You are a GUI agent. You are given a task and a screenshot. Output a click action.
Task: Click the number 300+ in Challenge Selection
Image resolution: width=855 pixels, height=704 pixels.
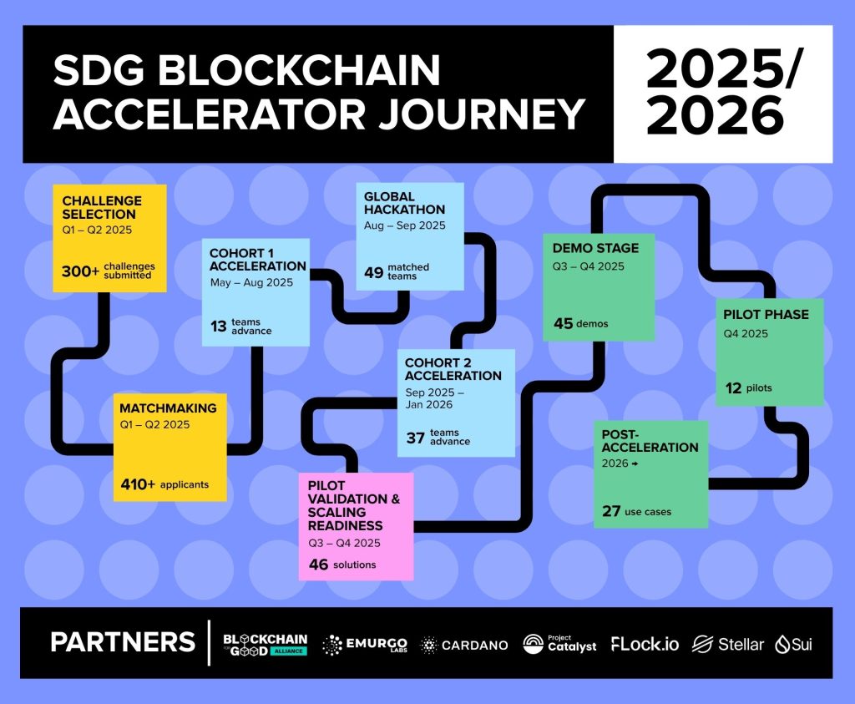[80, 271]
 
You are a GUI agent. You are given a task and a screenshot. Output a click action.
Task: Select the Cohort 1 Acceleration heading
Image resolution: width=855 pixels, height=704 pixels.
[257, 260]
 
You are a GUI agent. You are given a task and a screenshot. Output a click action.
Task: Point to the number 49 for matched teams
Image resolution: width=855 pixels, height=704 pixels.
[373, 272]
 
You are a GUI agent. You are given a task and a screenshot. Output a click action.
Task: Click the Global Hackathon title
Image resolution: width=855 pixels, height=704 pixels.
[404, 203]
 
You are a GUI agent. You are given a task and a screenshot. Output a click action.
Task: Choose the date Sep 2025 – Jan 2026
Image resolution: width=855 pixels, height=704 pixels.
[434, 398]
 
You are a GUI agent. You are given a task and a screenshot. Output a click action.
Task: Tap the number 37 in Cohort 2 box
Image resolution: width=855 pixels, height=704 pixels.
[415, 438]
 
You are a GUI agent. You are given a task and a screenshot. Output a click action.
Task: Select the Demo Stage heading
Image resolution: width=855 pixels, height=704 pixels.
[595, 248]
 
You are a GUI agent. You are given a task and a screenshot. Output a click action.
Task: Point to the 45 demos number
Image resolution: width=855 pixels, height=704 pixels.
[564, 323]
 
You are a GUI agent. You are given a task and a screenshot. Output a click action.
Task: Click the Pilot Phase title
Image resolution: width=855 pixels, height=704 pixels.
[766, 315]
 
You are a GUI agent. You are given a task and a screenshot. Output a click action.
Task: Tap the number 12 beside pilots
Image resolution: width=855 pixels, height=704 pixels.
[733, 388]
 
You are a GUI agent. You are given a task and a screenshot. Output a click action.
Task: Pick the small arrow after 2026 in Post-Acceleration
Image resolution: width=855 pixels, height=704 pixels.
[635, 463]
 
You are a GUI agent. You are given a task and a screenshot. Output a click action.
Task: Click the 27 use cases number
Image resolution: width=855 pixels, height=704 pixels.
[611, 511]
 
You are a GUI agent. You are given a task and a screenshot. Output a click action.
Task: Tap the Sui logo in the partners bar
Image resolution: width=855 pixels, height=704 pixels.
[793, 645]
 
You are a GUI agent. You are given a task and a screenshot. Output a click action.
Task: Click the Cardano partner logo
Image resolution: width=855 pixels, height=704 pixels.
[464, 645]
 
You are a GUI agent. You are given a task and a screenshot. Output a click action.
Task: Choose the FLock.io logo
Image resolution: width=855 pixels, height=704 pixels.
[645, 645]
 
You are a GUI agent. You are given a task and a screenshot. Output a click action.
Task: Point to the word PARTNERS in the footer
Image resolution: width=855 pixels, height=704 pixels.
[123, 642]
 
